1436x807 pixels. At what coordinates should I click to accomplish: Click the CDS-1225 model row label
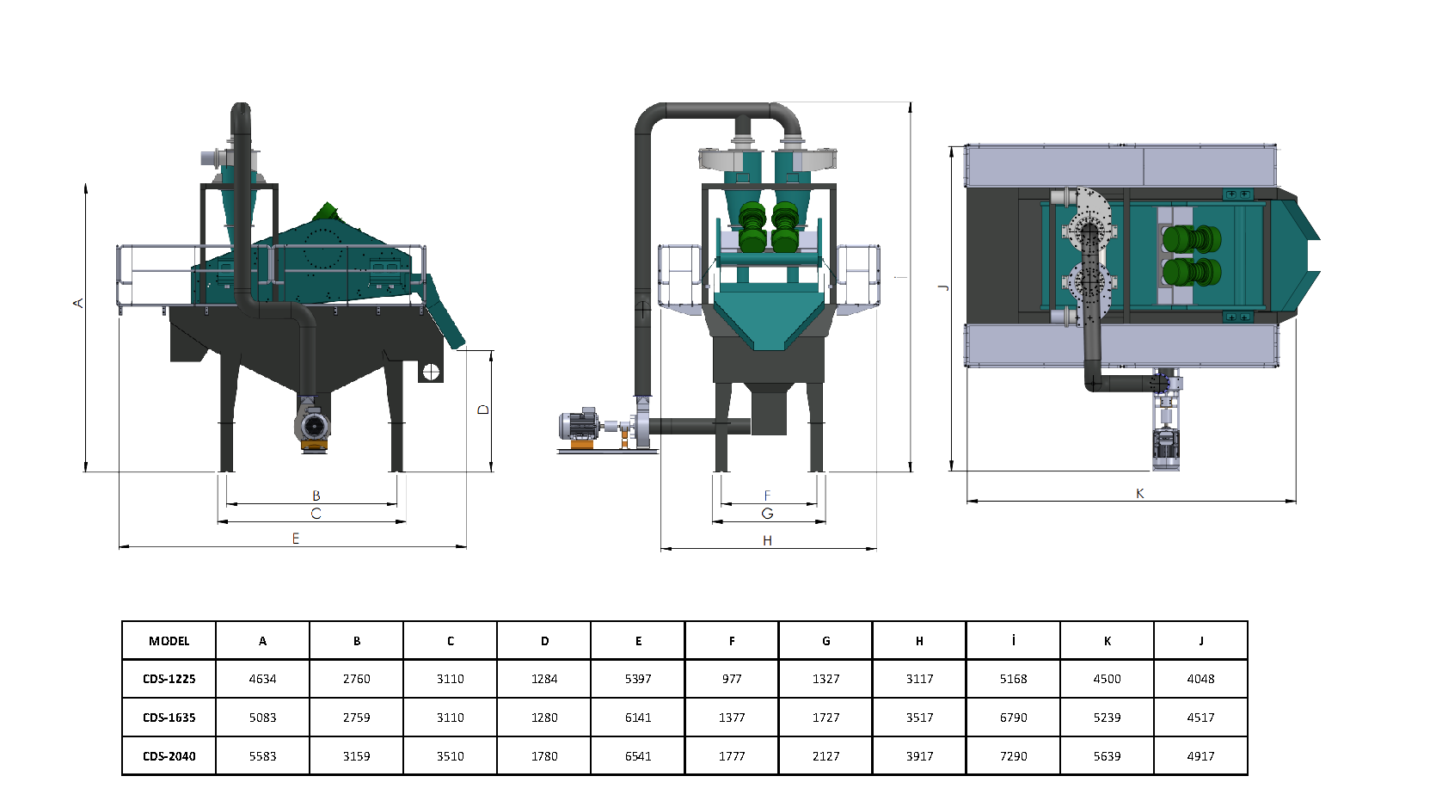pyautogui.click(x=169, y=679)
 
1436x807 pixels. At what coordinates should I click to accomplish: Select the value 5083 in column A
pyautogui.click(x=262, y=718)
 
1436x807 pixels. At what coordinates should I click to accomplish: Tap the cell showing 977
pyautogui.click(x=732, y=679)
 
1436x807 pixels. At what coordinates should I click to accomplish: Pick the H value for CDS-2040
pyautogui.click(x=919, y=756)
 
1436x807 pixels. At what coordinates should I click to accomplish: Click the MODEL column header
pyautogui.click(x=169, y=641)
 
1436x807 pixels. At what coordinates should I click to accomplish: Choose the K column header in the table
pyautogui.click(x=1107, y=641)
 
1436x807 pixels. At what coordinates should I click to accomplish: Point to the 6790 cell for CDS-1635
pyautogui.click(x=1013, y=718)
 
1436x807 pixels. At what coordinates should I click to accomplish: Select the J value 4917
pyautogui.click(x=1200, y=756)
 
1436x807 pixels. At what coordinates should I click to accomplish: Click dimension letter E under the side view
pyautogui.click(x=296, y=539)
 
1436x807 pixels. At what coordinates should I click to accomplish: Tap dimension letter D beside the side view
pyautogui.click(x=483, y=410)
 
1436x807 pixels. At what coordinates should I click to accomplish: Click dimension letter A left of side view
pyautogui.click(x=78, y=303)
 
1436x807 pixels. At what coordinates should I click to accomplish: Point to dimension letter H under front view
pyautogui.click(x=767, y=541)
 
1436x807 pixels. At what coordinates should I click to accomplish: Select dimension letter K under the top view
pyautogui.click(x=1139, y=494)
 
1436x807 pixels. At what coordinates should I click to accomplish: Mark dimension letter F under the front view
pyautogui.click(x=767, y=496)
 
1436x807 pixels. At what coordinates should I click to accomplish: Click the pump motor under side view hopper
pyautogui.click(x=313, y=424)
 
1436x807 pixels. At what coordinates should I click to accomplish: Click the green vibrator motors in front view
pyautogui.click(x=770, y=227)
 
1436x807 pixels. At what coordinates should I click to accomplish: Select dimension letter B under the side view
pyautogui.click(x=316, y=496)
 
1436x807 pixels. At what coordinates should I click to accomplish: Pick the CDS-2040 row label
pyautogui.click(x=169, y=756)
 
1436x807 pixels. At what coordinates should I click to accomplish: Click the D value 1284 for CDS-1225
pyautogui.click(x=544, y=679)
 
